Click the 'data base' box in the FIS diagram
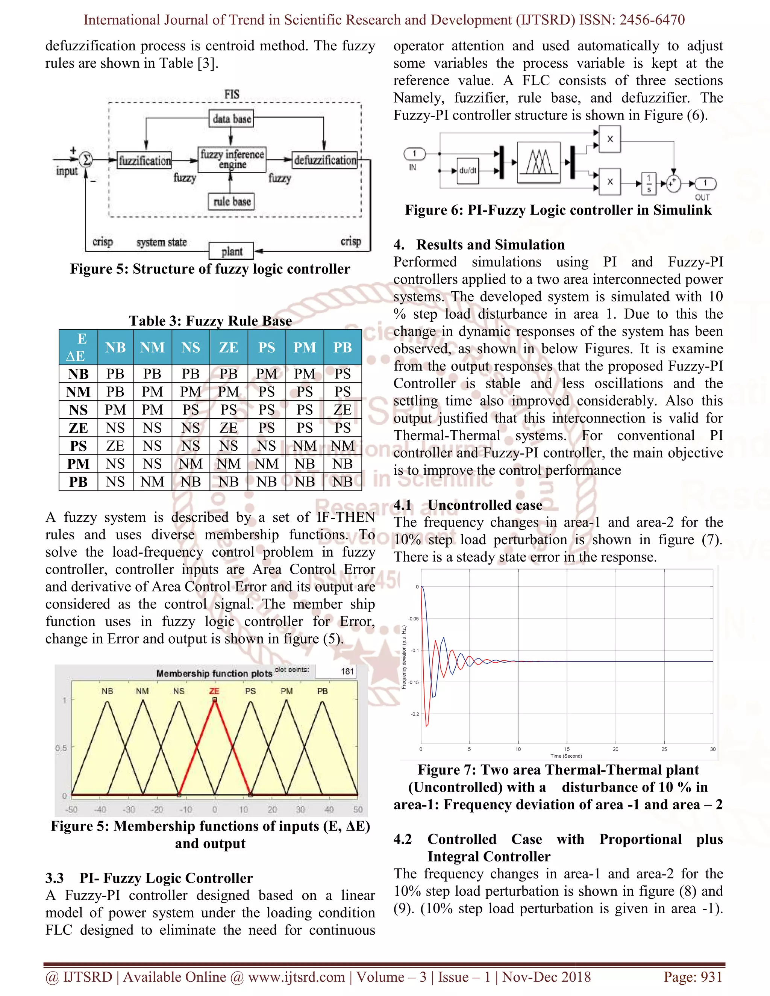coord(232,119)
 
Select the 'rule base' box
coord(232,201)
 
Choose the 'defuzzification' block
coord(325,160)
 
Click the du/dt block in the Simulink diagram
coord(468,171)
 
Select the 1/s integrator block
coord(649,183)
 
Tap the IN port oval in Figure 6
coord(414,154)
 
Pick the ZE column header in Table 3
coord(229,348)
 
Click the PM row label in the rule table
coord(78,464)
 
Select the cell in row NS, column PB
coord(342,410)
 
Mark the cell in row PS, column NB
coord(115,445)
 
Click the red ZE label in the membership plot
coord(214,691)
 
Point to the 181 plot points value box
coord(336,671)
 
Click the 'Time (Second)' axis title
coord(566,756)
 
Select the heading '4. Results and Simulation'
coord(479,245)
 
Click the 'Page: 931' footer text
coord(693,977)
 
